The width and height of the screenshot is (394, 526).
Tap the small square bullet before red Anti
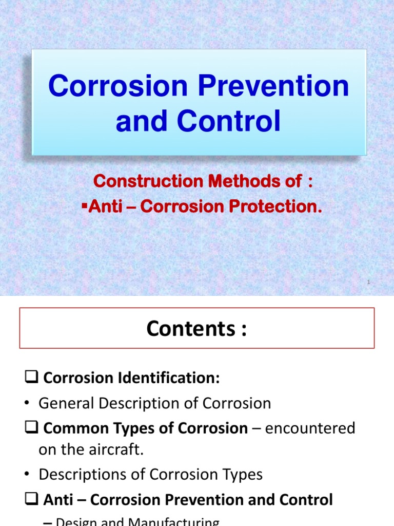click(x=85, y=206)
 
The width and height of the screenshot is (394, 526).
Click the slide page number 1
click(x=368, y=282)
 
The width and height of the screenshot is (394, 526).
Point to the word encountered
click(x=313, y=428)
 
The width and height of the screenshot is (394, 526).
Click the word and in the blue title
click(x=134, y=122)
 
